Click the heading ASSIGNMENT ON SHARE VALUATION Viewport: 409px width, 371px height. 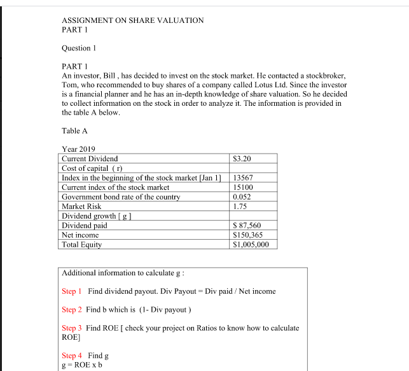[x=132, y=20]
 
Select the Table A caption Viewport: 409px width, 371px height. [x=74, y=131]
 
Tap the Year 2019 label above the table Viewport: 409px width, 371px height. [x=78, y=149]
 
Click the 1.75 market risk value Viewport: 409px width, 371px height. [x=240, y=207]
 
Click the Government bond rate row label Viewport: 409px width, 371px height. [x=121, y=197]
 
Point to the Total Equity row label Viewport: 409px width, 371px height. [x=81, y=245]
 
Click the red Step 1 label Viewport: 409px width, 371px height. [x=72, y=291]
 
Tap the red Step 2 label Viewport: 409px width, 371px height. [x=72, y=310]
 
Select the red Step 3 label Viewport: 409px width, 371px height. [x=72, y=328]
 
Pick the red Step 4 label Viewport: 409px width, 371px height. [x=72, y=356]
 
